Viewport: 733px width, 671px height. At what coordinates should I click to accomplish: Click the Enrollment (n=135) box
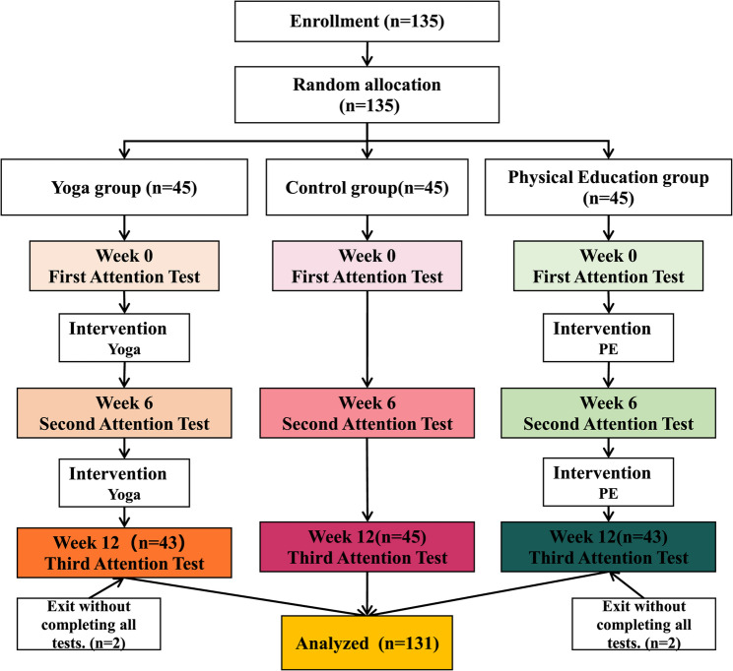(366, 22)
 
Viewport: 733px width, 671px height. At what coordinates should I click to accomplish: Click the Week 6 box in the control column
(366, 413)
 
